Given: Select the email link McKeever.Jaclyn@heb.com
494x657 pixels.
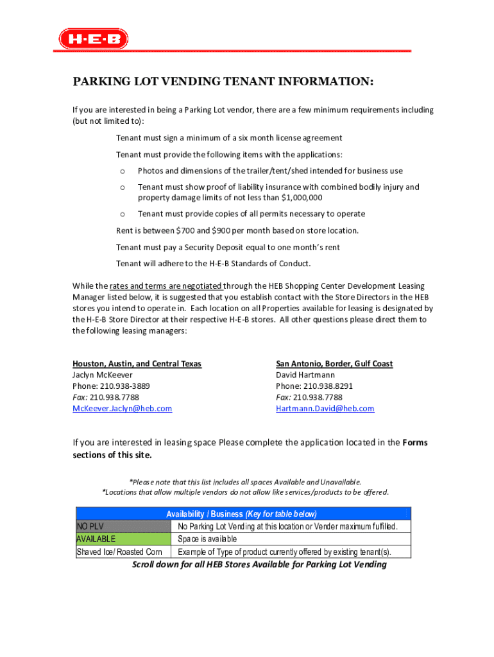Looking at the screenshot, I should point(122,409).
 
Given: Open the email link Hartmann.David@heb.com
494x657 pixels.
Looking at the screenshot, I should point(325,409).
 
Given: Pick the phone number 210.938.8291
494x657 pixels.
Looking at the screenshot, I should point(327,386).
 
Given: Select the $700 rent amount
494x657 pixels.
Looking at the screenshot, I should point(187,230).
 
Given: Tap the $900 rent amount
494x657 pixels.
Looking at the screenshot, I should point(225,230).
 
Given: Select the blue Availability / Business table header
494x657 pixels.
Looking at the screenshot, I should point(242,514).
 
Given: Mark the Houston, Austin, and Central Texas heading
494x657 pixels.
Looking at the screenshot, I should point(137,364).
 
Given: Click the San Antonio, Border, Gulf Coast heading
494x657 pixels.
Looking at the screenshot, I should point(334,364).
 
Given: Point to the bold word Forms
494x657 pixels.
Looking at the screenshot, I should point(414,443).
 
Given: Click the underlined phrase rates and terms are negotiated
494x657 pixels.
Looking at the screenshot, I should point(166,286).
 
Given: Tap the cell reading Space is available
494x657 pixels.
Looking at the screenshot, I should point(207,539).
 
